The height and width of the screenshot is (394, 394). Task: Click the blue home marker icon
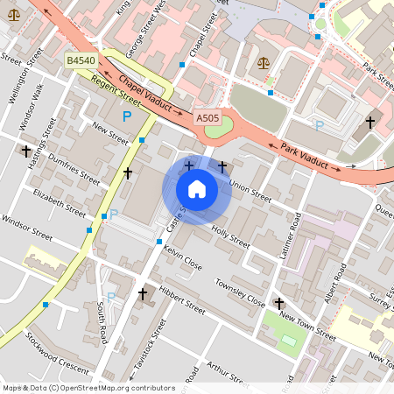197,189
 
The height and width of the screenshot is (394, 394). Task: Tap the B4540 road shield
81,60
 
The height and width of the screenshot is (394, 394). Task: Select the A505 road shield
208,117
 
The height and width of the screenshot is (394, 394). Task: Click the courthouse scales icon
264,65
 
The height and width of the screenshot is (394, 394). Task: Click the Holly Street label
230,236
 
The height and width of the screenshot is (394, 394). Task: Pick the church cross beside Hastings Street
26,151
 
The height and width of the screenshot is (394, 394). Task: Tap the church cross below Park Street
370,121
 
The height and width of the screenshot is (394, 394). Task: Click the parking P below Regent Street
127,116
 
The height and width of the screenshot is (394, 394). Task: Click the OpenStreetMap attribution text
88,388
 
